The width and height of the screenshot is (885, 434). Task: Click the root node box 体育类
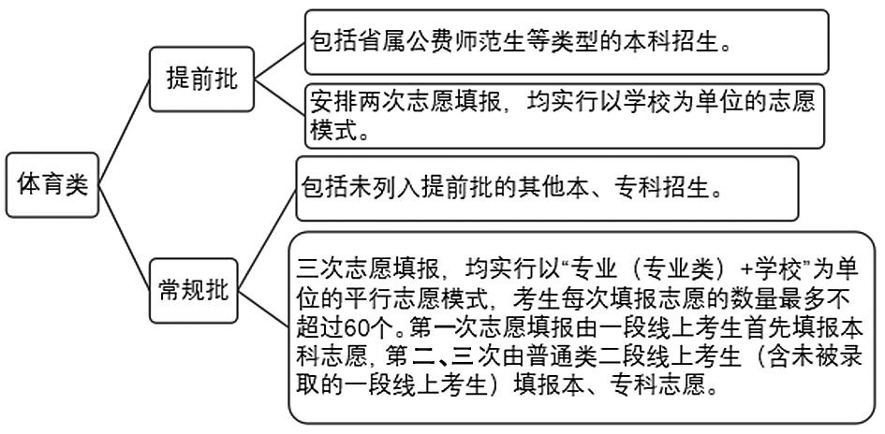click(x=52, y=185)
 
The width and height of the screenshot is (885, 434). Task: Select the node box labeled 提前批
click(x=201, y=79)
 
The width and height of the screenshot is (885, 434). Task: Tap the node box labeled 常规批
click(x=193, y=291)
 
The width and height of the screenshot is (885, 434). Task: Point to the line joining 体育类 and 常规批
click(x=125, y=238)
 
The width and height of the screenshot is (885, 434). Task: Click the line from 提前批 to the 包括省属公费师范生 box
click(x=280, y=60)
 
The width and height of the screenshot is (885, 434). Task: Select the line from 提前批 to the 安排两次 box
click(x=280, y=97)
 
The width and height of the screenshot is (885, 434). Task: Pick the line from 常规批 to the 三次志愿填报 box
click(x=263, y=309)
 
